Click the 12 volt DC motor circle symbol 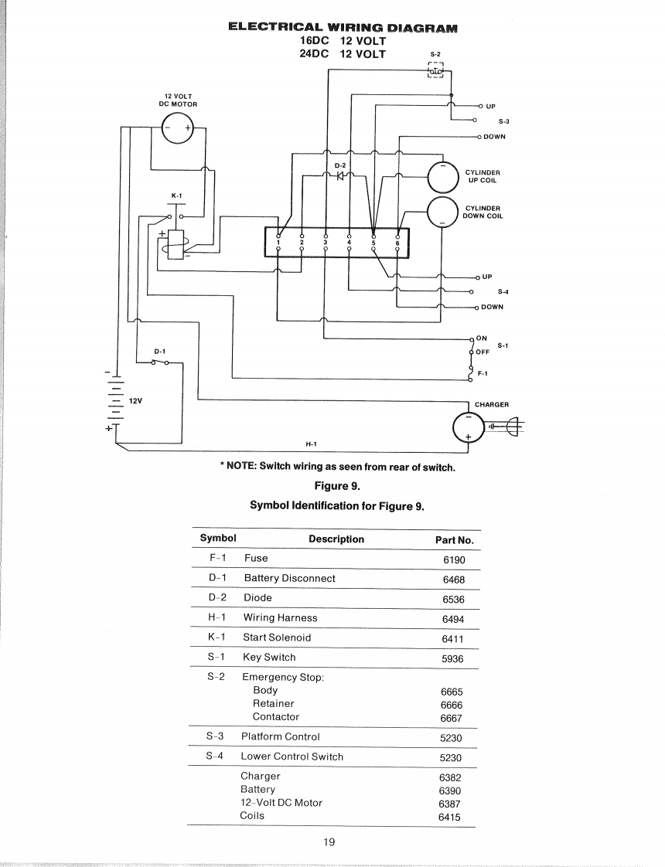click(x=178, y=128)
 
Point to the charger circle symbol click(x=468, y=426)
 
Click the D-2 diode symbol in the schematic click(x=339, y=175)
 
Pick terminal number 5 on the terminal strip click(x=374, y=242)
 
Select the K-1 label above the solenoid click(x=176, y=195)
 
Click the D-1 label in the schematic click(x=161, y=350)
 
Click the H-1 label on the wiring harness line click(x=312, y=444)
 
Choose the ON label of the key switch click(x=482, y=338)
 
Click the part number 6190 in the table click(x=454, y=559)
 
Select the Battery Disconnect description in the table click(x=289, y=578)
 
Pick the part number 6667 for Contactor click(x=452, y=718)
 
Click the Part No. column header click(x=454, y=540)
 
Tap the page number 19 click(x=329, y=841)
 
